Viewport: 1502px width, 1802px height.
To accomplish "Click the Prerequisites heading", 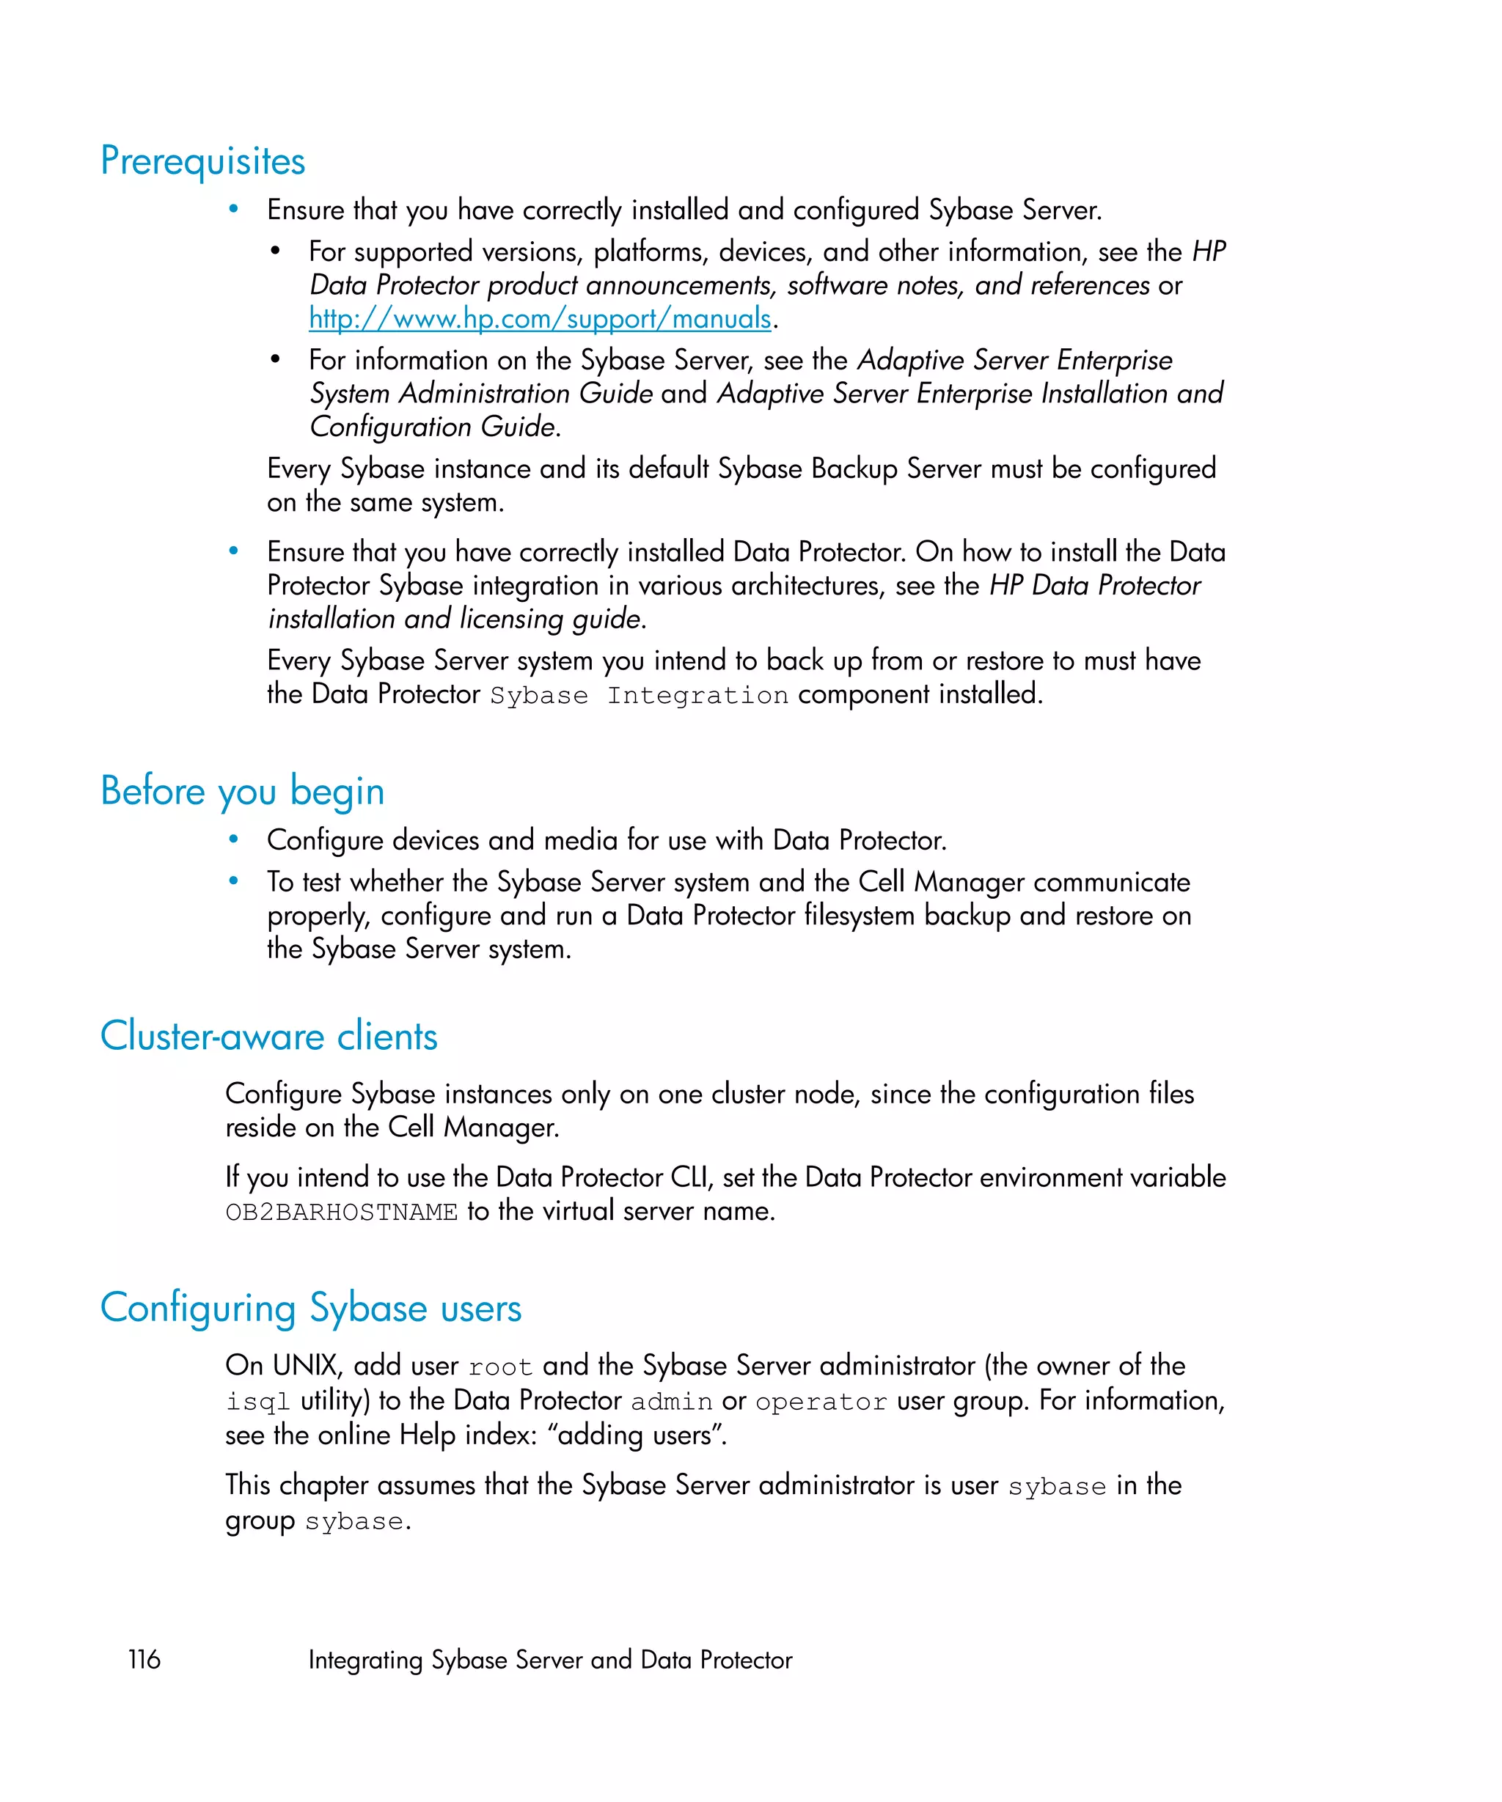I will point(202,161).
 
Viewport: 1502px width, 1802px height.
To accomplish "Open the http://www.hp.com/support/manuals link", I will point(540,318).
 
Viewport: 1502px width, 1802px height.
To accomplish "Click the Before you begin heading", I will point(242,790).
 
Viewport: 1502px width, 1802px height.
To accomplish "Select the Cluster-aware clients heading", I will point(268,1036).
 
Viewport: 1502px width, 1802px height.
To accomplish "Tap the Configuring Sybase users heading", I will point(311,1308).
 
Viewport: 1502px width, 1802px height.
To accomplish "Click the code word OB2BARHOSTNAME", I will point(341,1213).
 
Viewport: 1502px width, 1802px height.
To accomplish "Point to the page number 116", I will point(144,1660).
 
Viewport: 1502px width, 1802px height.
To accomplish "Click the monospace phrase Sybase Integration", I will point(639,696).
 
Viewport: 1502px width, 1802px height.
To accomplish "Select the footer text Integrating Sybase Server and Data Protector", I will point(549,1660).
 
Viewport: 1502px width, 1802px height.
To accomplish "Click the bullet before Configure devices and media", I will point(233,840).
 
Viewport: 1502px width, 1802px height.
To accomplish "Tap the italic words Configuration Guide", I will point(433,427).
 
